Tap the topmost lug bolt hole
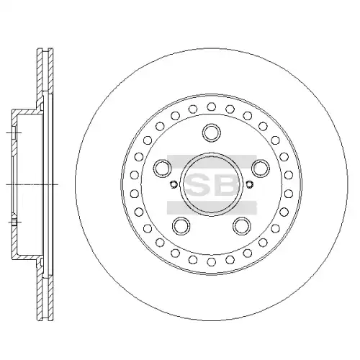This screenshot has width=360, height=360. [212, 132]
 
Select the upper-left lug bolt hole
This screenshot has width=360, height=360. [163, 168]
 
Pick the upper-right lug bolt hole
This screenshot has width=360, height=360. [261, 168]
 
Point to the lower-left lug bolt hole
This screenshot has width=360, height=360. [181, 226]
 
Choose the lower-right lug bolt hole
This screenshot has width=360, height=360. [242, 226]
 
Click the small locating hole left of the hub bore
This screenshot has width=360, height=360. [173, 184]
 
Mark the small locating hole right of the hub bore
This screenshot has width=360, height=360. [250, 184]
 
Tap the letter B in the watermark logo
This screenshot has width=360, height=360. [227, 184]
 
